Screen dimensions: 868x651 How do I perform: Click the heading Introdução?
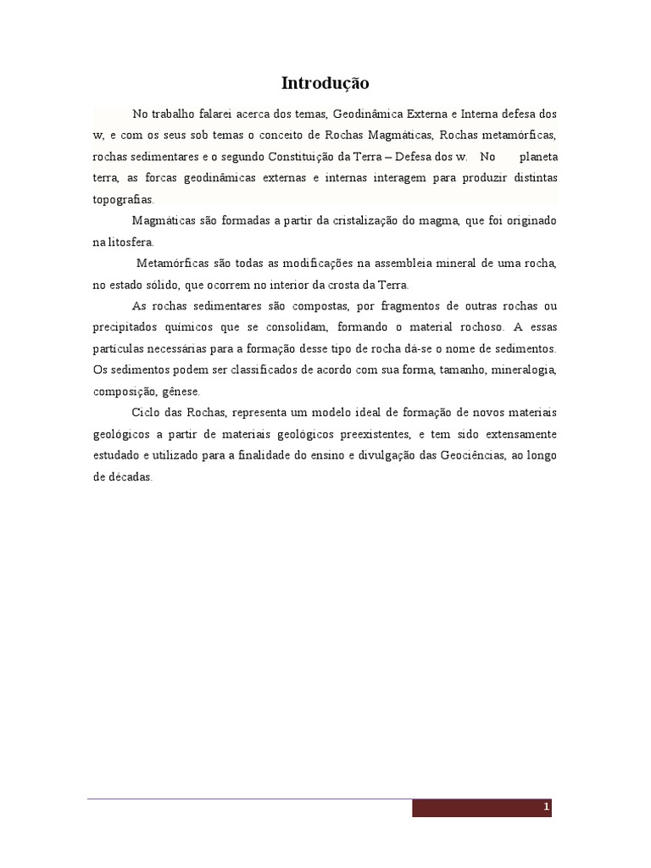(x=325, y=83)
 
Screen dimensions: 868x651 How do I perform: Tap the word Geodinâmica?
(x=370, y=114)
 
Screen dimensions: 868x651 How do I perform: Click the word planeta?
(x=538, y=157)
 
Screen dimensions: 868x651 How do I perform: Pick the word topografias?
(x=123, y=200)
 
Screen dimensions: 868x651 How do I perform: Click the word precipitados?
(x=123, y=327)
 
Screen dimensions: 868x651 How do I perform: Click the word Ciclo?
(x=146, y=413)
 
